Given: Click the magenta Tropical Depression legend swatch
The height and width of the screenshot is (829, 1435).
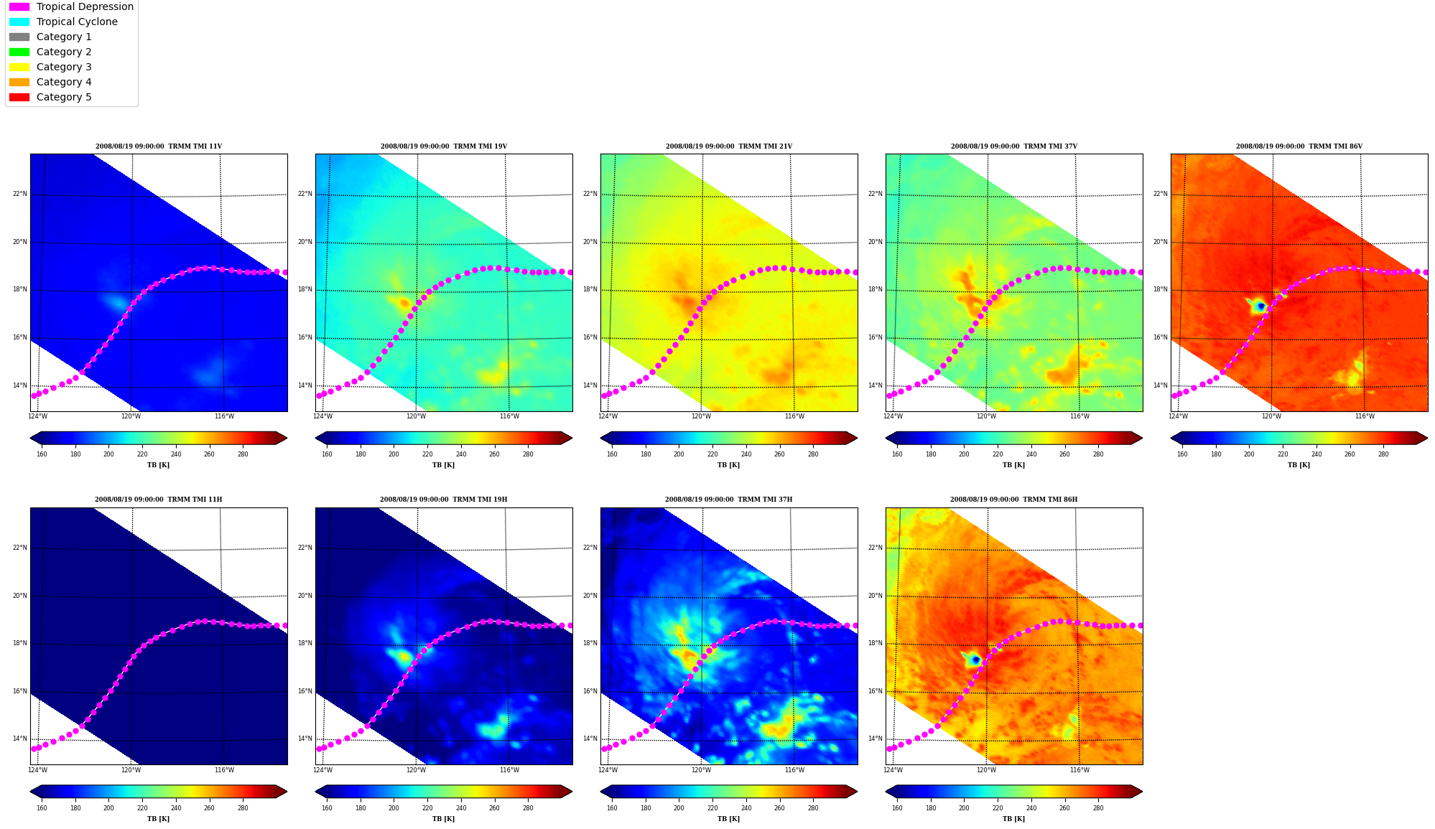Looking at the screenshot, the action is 19,6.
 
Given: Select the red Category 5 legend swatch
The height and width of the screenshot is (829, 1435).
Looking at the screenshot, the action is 19,97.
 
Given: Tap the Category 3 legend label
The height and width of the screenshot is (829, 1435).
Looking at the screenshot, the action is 64,67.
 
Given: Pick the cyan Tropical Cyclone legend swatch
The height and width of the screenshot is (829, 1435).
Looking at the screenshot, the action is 19,22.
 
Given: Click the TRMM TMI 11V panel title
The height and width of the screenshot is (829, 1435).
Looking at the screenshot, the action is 159,146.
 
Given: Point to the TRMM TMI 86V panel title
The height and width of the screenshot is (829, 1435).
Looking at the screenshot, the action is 1299,146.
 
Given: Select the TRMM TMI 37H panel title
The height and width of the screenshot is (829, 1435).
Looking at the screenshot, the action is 729,500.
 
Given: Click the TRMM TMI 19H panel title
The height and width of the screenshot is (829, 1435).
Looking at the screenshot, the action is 444,500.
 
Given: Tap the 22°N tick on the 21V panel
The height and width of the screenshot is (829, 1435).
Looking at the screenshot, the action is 590,194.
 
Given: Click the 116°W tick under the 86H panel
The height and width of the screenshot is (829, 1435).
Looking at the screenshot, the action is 1079,770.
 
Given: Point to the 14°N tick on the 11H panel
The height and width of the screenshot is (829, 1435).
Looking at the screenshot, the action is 20,739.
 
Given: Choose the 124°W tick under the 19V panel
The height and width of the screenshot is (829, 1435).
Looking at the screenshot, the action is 322,416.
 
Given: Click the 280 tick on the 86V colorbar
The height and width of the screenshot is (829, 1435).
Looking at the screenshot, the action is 1383,454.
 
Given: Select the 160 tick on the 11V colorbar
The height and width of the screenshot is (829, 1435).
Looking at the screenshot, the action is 42,454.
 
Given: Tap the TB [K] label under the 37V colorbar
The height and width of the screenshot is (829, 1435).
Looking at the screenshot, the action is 1014,465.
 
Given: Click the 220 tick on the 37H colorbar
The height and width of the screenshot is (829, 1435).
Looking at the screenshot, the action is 712,808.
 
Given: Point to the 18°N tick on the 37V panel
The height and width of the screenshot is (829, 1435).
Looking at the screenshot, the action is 875,290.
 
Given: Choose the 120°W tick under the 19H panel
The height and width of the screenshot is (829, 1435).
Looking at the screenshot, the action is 416,770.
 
